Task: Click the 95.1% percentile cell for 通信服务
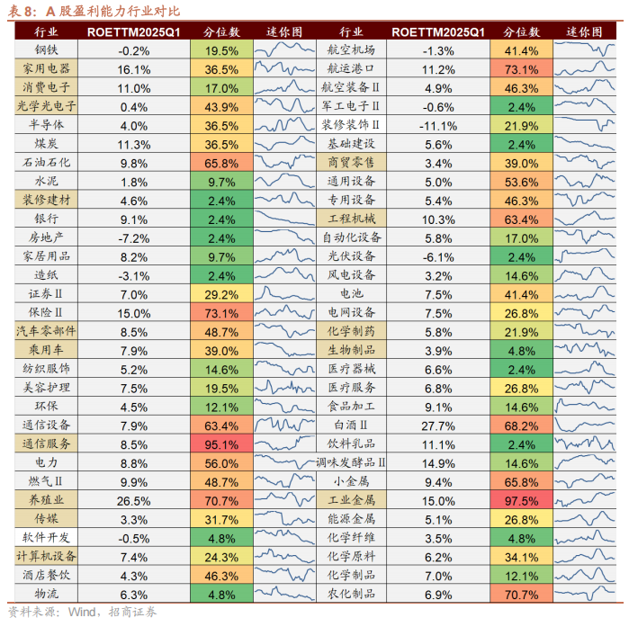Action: [221, 444]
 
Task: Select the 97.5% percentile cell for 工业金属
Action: [521, 500]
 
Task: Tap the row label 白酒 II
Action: [351, 425]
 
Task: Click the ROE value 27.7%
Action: [438, 425]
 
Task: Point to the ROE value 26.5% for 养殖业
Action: [133, 501]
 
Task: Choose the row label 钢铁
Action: [46, 49]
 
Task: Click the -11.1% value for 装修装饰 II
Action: [438, 126]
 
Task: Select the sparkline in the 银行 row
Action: [284, 218]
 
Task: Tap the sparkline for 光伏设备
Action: [585, 255]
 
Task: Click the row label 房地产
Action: [46, 237]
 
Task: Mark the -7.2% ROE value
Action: [133, 238]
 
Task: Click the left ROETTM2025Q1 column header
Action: [133, 32]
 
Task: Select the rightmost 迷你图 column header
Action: [585, 31]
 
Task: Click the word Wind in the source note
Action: [81, 612]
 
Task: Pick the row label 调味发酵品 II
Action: [351, 462]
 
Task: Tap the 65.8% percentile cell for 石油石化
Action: [221, 163]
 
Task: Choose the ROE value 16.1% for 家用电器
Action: [133, 70]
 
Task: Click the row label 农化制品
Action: [351, 594]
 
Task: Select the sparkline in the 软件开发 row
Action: [284, 537]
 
